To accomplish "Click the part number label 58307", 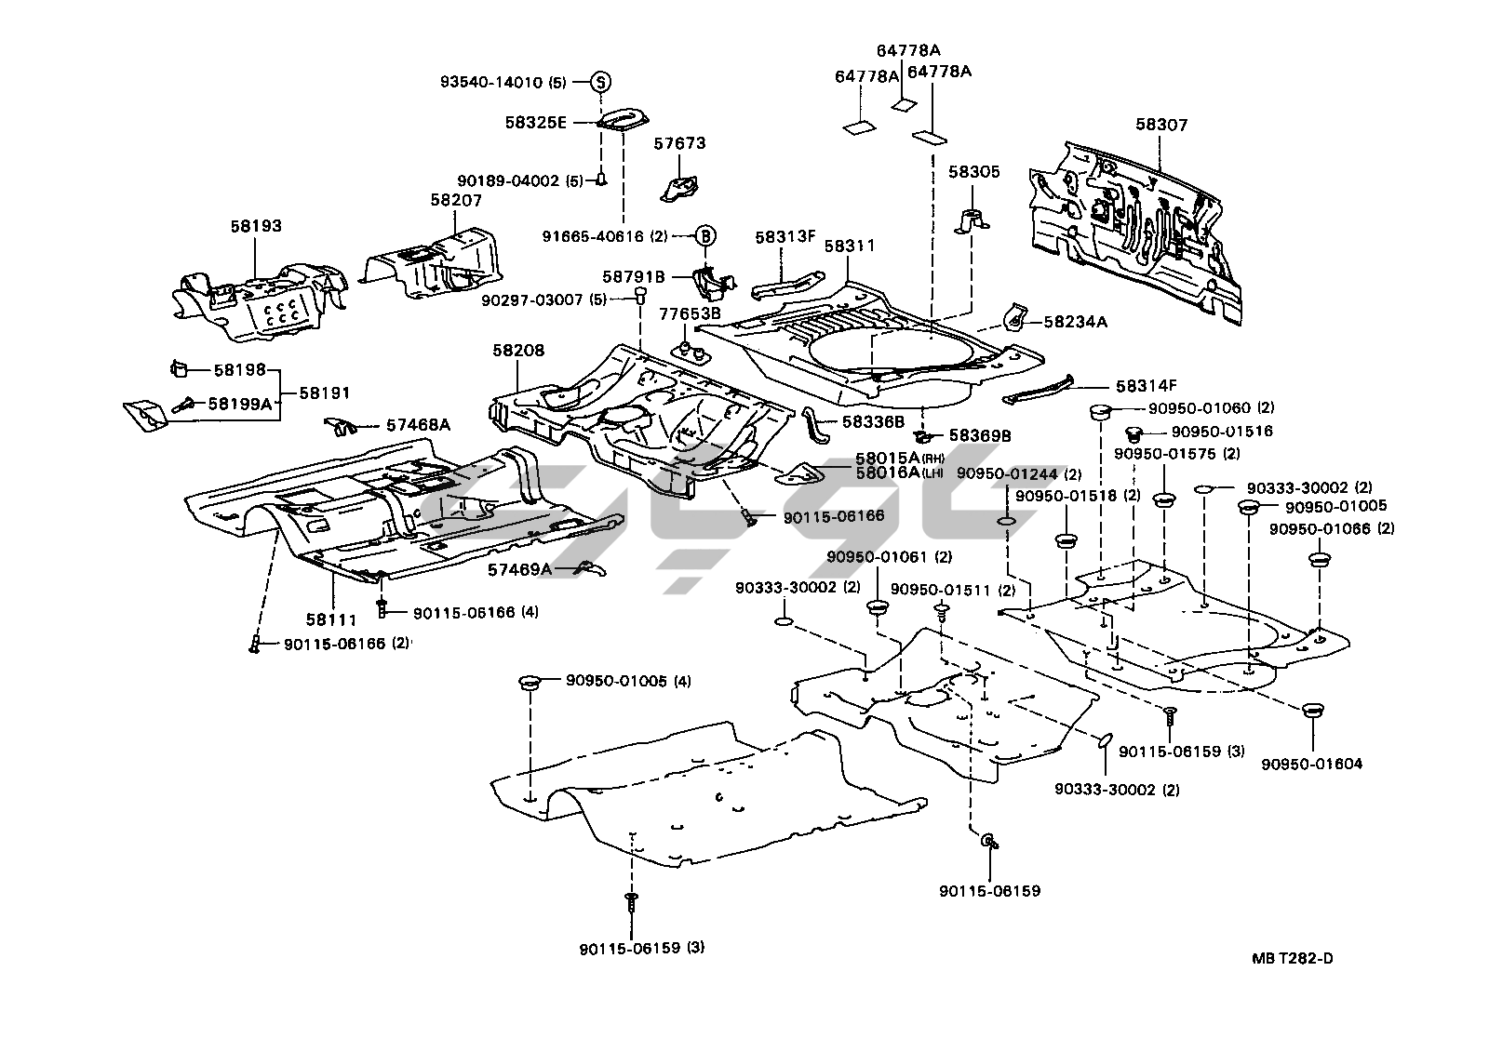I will pyautogui.click(x=1160, y=126).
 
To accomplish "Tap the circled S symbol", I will pyautogui.click(x=601, y=82).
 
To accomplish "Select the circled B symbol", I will pyautogui.click(x=705, y=235).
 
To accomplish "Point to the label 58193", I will pyautogui.click(x=256, y=226).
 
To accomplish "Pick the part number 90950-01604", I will pyautogui.click(x=1312, y=765).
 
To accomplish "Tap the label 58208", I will pyautogui.click(x=518, y=351).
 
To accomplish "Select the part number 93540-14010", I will pyautogui.click(x=490, y=82).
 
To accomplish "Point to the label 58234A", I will pyautogui.click(x=1076, y=322).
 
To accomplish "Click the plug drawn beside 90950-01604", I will pyautogui.click(x=1312, y=712).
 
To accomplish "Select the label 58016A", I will pyautogui.click(x=888, y=472).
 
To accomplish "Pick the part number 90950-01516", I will pyautogui.click(x=1222, y=432).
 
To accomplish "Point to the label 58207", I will pyautogui.click(x=456, y=200).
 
